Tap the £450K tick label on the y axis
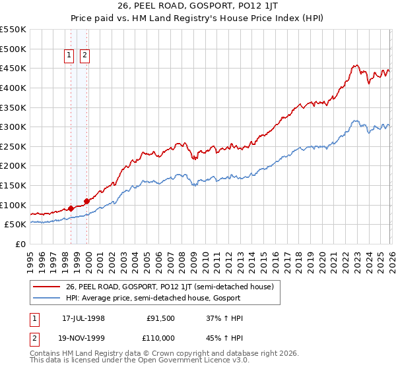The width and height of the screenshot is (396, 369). (13, 68)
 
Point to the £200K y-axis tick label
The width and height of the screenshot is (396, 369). (13, 165)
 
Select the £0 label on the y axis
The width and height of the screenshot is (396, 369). (20, 244)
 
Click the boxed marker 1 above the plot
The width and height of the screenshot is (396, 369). (69, 56)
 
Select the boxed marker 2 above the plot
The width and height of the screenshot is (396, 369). (85, 56)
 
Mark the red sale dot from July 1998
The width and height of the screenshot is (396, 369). (71, 208)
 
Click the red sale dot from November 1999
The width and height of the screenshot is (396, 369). (86, 201)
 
